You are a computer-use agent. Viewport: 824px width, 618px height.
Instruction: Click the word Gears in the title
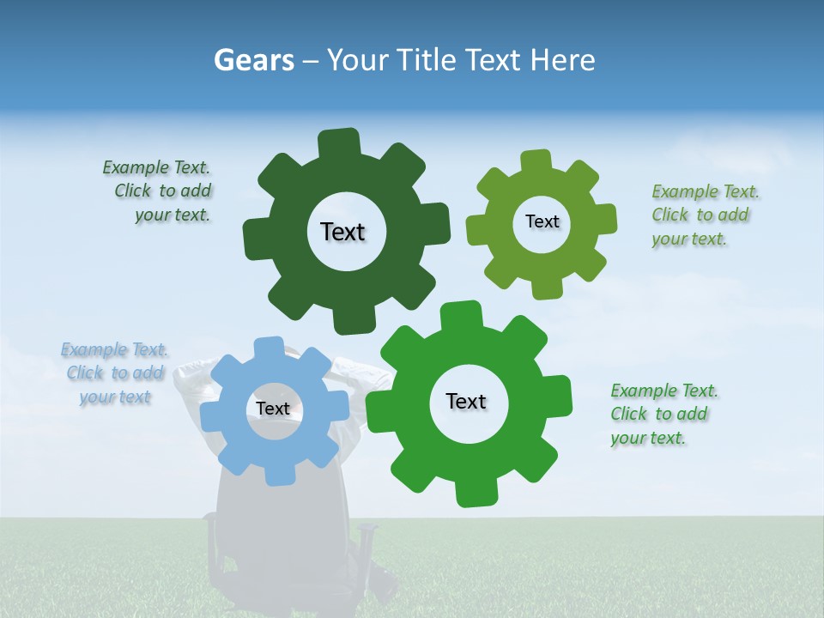pyautogui.click(x=254, y=60)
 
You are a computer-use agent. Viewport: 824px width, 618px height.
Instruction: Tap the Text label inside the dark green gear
pyautogui.click(x=342, y=232)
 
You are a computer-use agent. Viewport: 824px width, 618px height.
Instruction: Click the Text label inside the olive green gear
pyautogui.click(x=542, y=221)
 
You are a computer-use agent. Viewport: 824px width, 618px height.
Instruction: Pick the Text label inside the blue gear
pyautogui.click(x=273, y=409)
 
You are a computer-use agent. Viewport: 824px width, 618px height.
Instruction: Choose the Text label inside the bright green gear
pyautogui.click(x=466, y=401)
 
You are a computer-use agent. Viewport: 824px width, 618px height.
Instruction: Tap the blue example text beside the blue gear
pyautogui.click(x=115, y=373)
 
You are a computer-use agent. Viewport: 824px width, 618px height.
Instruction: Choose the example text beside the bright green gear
pyautogui.click(x=660, y=415)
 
